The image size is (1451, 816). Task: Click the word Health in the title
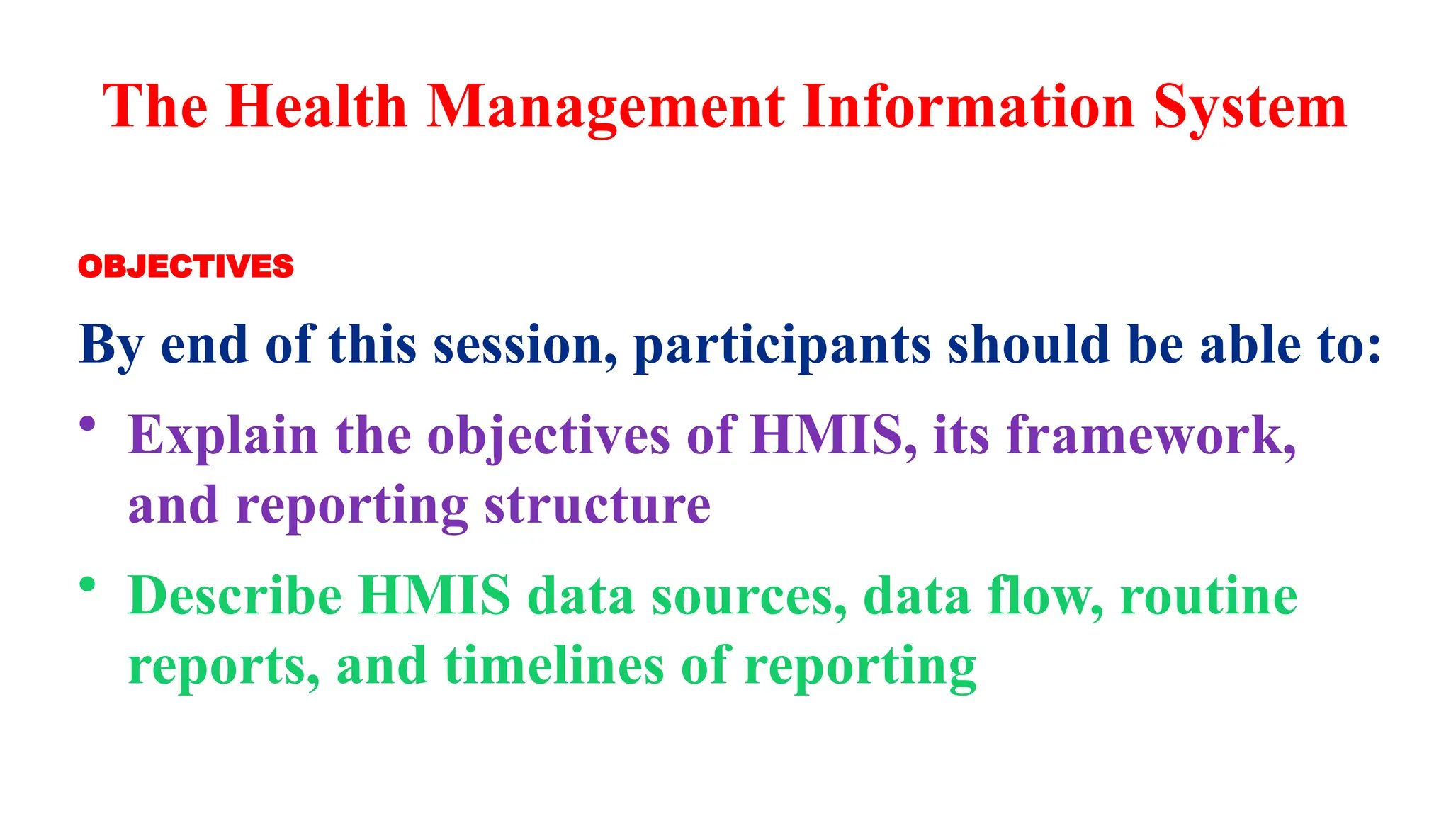click(x=316, y=106)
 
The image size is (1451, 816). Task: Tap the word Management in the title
click(x=605, y=108)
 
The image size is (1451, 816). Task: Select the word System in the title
click(x=1250, y=108)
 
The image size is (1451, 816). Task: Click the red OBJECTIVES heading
click(x=186, y=267)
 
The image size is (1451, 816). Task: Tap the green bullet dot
click(x=87, y=585)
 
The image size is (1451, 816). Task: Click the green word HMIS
click(x=434, y=595)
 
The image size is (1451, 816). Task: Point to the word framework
click(x=1151, y=434)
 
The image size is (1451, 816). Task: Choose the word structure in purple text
click(x=597, y=506)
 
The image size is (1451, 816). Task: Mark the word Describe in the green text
click(x=235, y=595)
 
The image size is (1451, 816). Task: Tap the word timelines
click(x=554, y=666)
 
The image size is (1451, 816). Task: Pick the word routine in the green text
click(x=1209, y=595)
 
